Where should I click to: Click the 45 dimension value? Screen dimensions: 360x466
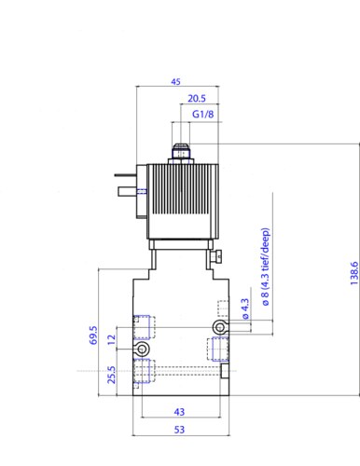[x=175, y=82]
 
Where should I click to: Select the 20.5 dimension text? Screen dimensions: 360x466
[x=197, y=99]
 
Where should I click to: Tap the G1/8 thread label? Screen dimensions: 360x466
[x=203, y=115]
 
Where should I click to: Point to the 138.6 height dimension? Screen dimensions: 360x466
[x=354, y=273]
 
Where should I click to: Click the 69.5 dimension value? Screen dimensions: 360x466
[x=93, y=336]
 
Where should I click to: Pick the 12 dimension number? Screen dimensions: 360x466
[x=111, y=339]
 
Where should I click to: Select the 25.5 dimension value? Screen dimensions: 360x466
[x=111, y=375]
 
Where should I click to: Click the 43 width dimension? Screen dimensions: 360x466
[x=179, y=412]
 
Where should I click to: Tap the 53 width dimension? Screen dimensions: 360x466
[x=179, y=430]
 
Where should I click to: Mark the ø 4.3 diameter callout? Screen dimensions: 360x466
[x=245, y=308]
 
